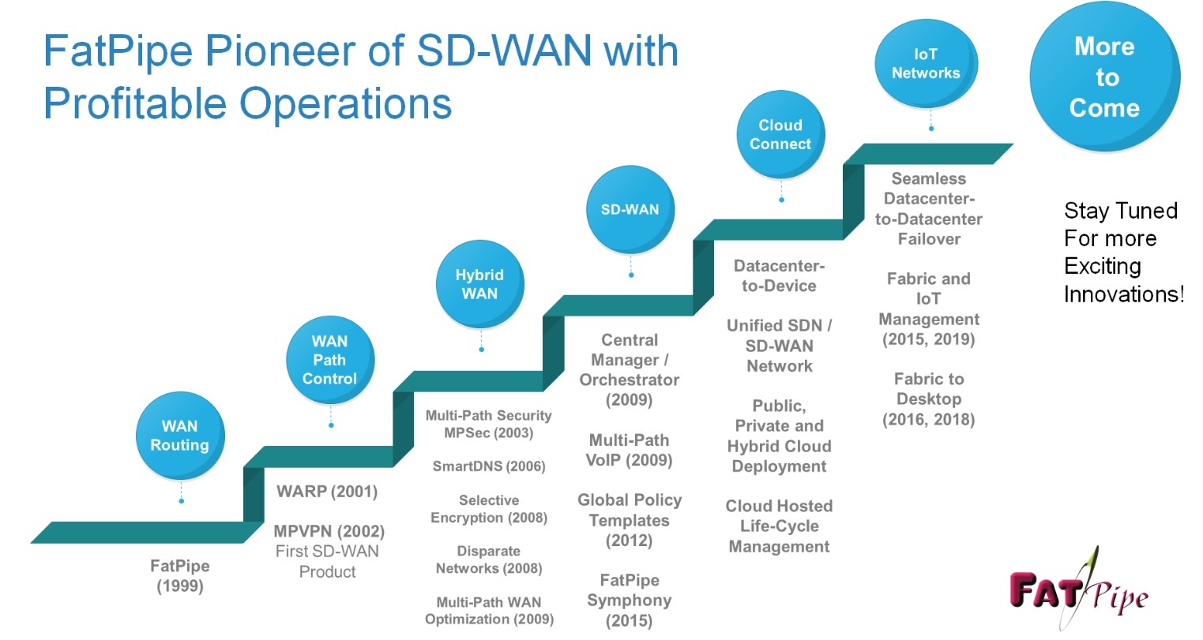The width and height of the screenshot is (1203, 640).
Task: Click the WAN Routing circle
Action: [180, 436]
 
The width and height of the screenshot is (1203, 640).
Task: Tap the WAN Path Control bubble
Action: [329, 360]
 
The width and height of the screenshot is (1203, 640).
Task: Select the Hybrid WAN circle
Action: [479, 284]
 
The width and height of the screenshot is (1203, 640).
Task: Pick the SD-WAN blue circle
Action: [630, 210]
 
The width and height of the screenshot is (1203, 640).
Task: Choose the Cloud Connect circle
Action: [780, 135]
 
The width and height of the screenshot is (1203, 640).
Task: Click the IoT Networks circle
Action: [926, 64]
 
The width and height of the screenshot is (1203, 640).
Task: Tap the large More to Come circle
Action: [1104, 77]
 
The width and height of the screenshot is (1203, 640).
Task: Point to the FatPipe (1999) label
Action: [180, 576]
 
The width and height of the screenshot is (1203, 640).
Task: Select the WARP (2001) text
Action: [327, 492]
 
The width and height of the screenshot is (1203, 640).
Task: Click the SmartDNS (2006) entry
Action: [489, 466]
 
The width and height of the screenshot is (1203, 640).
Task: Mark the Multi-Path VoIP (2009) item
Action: [629, 450]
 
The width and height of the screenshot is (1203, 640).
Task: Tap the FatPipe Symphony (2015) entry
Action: [629, 600]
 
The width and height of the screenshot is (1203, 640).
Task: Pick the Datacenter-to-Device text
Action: [779, 275]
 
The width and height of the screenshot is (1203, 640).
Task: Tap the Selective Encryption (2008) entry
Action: [489, 509]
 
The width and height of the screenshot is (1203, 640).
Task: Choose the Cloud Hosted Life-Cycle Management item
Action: [779, 526]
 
